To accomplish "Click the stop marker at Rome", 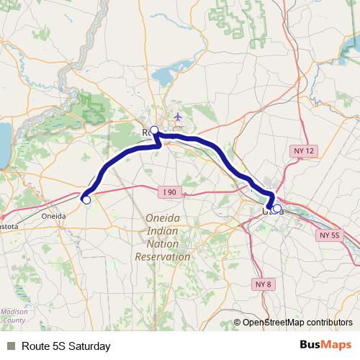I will [x=153, y=130].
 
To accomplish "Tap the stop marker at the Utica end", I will [x=277, y=210].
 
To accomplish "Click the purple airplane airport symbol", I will [x=179, y=117].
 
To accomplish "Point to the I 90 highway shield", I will [x=169, y=192].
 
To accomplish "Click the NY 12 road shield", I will [x=305, y=150].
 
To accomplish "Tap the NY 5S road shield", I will [x=329, y=235].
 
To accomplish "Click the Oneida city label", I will [x=54, y=215].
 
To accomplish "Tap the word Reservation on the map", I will [x=163, y=256].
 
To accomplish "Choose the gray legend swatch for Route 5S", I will [x=12, y=346].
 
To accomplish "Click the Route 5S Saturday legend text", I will [x=66, y=346].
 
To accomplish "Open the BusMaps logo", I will [x=325, y=346].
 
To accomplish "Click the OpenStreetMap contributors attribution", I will [x=297, y=322].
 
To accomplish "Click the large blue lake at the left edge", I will [x=3, y=144].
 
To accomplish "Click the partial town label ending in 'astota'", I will [x=10, y=225].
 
